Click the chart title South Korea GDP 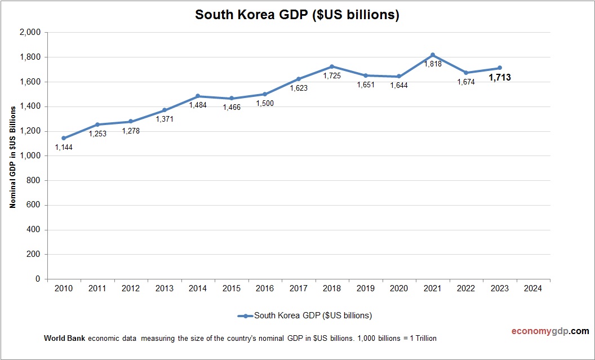(297, 15)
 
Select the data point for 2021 (433, 55)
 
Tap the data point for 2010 (64, 138)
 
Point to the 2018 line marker (332, 66)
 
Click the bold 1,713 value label (500, 78)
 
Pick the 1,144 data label (64, 148)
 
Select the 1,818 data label (433, 65)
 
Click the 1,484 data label (198, 105)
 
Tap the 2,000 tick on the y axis (30, 33)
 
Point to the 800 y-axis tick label (34, 180)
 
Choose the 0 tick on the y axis (38, 279)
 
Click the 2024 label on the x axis (533, 288)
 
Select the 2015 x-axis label (232, 288)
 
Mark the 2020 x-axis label (399, 288)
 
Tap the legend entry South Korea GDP (313, 315)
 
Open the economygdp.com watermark (542, 331)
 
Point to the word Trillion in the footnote (423, 339)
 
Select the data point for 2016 (265, 94)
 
